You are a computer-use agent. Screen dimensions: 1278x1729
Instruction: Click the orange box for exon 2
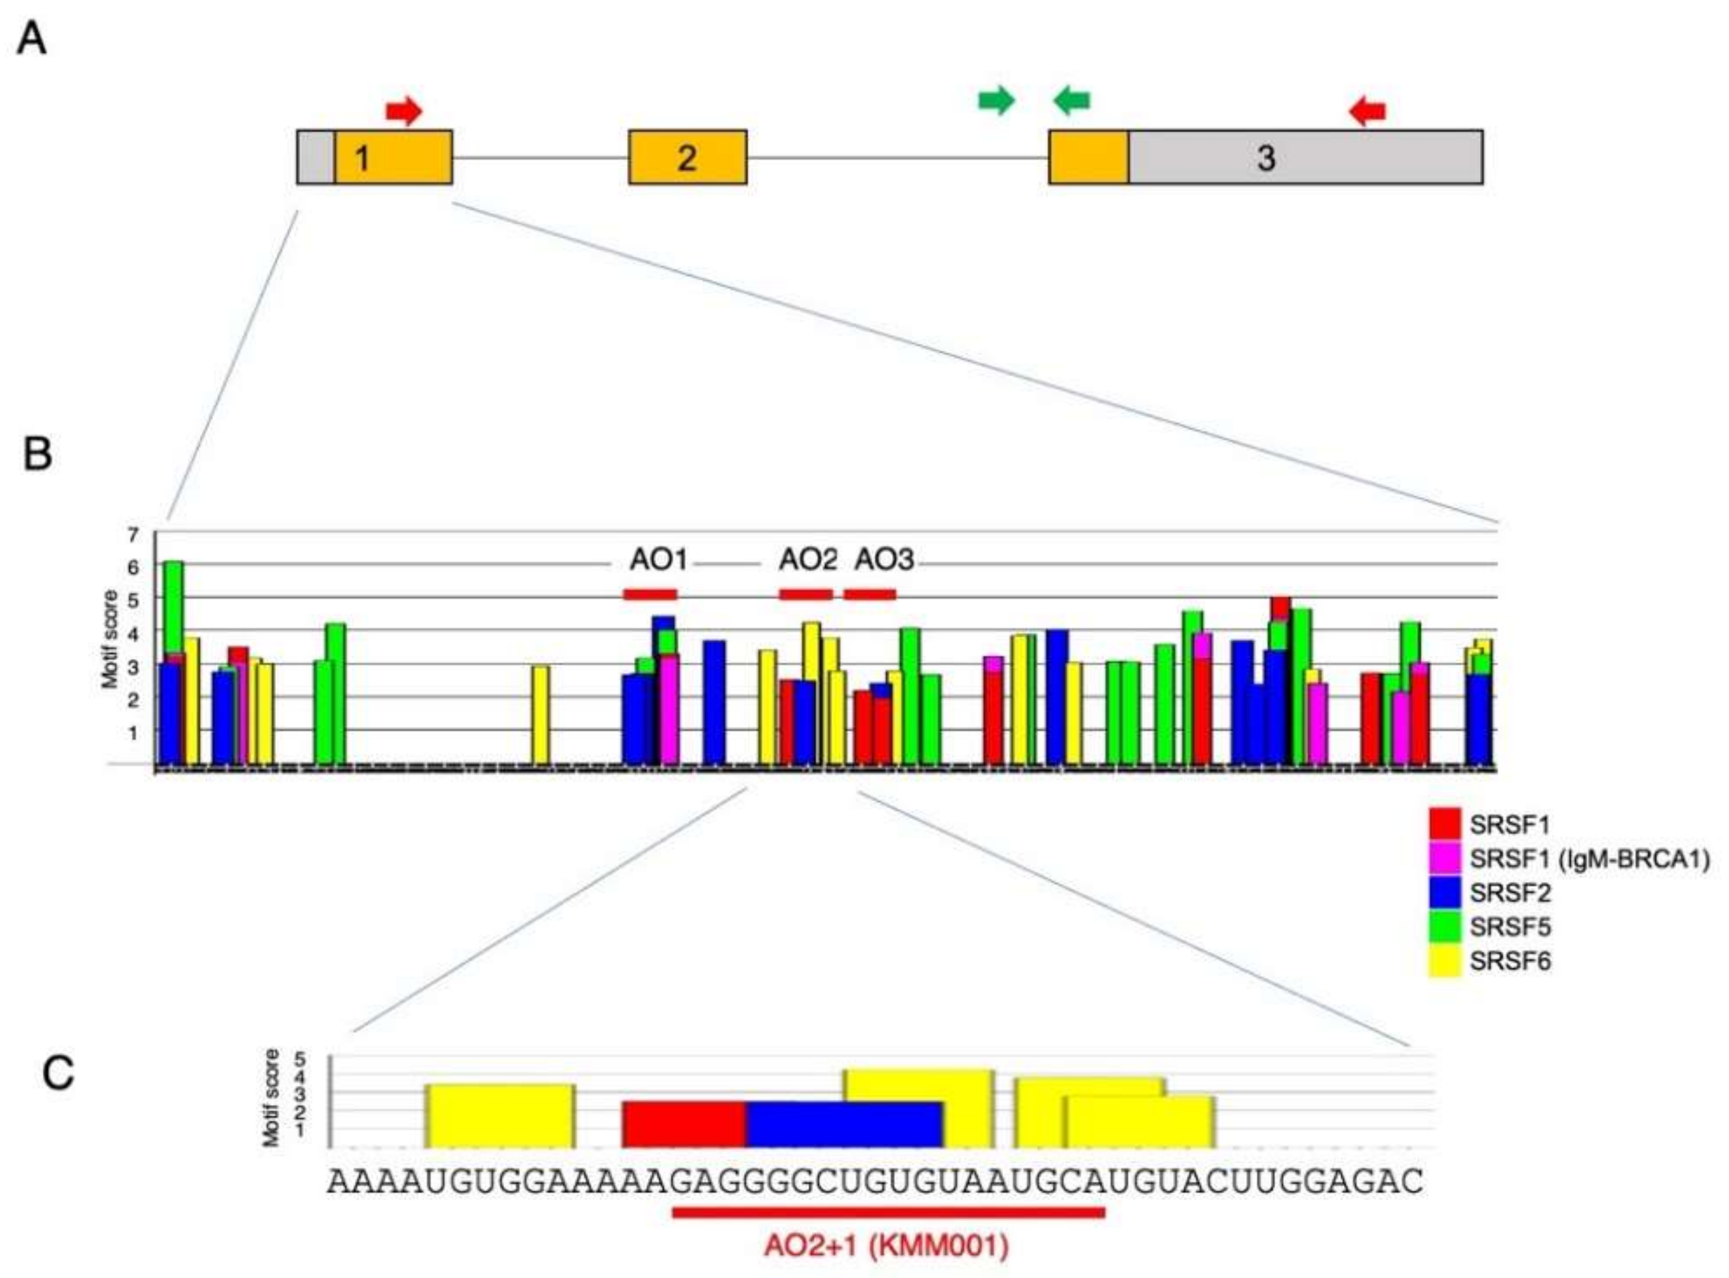pyautogui.click(x=687, y=157)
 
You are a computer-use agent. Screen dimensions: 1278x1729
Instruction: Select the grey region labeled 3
pyautogui.click(x=1304, y=157)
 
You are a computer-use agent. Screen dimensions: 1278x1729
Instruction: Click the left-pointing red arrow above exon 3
pyautogui.click(x=1367, y=112)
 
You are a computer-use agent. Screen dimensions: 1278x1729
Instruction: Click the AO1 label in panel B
pyautogui.click(x=658, y=559)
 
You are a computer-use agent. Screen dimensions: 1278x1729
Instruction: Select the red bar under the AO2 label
pyautogui.click(x=805, y=594)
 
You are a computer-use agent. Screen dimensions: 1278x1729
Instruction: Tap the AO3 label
pyautogui.click(x=884, y=559)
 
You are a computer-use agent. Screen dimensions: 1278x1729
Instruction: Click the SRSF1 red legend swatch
pyautogui.click(x=1444, y=825)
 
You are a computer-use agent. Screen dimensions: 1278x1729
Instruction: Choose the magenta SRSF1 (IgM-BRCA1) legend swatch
pyautogui.click(x=1444, y=859)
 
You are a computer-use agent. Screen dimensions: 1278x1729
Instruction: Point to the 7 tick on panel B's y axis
pyautogui.click(x=133, y=534)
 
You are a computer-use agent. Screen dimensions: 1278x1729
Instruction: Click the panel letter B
pyautogui.click(x=38, y=455)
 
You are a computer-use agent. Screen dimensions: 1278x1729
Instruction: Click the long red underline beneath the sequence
pyautogui.click(x=888, y=1212)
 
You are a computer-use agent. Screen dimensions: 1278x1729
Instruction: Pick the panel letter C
pyautogui.click(x=58, y=1074)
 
